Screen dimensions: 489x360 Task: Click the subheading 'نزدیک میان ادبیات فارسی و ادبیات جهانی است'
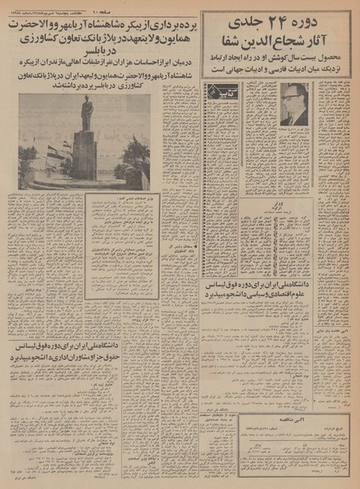pos(277,71)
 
